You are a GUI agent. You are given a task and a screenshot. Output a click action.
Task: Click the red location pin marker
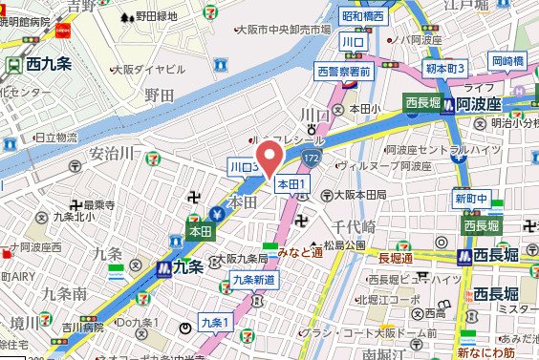click(x=269, y=158)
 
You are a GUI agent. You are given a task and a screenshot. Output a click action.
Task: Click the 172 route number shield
click(x=313, y=154)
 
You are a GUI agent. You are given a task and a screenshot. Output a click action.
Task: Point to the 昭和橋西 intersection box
click(x=364, y=16)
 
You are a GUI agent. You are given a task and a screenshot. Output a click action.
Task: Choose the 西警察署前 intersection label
click(x=344, y=70)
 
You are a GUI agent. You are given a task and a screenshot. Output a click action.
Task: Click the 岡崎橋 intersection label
click(x=508, y=61)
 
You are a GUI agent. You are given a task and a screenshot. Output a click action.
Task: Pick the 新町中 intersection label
click(x=471, y=199)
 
